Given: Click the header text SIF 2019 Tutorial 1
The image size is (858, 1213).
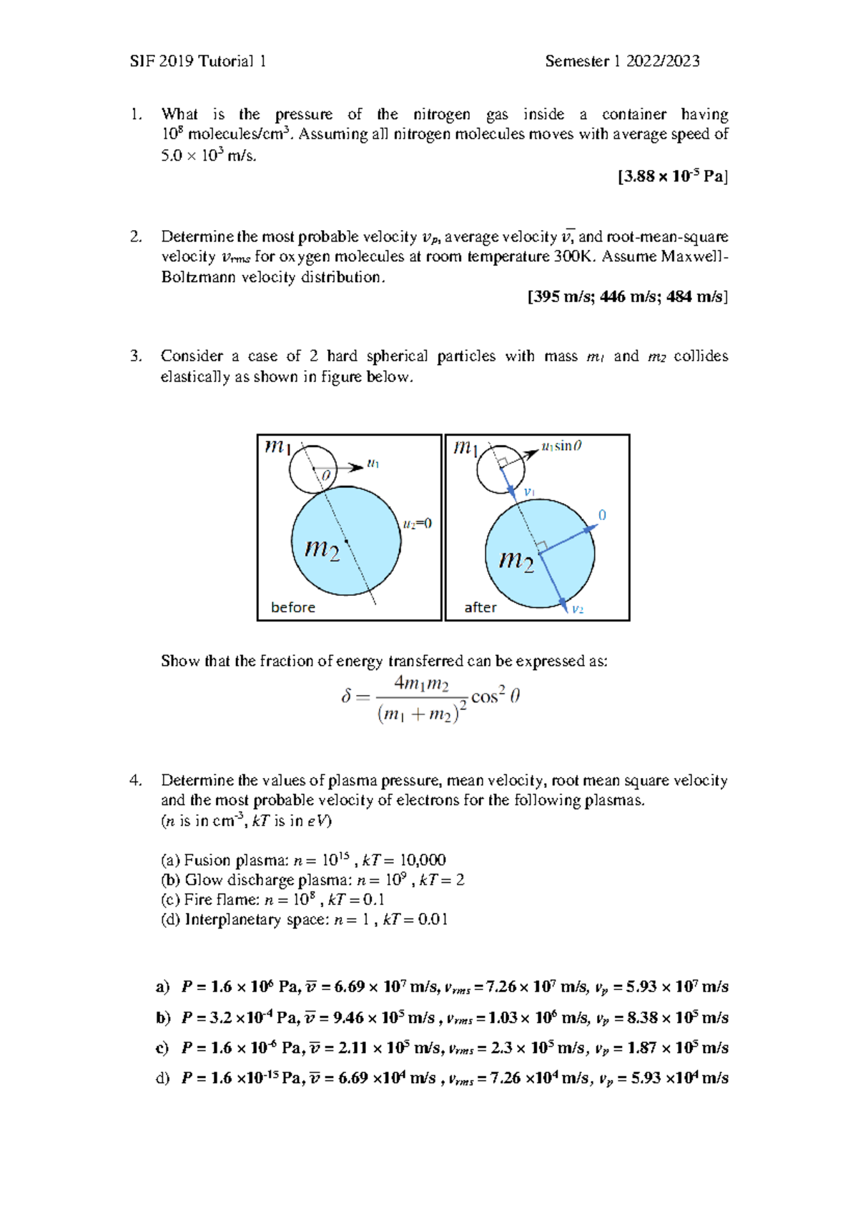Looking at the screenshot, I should pos(198,61).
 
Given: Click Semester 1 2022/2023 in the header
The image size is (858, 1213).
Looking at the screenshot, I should pos(621,61).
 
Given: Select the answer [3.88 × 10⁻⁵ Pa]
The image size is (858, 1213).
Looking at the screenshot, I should pos(672,176).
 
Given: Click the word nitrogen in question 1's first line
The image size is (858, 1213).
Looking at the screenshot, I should pos(441,114).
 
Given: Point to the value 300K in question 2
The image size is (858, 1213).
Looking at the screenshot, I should pos(574,256).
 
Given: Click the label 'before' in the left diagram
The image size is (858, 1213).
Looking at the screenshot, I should pos(292,607).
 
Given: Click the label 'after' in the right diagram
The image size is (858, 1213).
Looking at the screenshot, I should pos(480,607).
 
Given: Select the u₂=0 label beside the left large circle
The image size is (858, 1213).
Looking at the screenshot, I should pos(417,524).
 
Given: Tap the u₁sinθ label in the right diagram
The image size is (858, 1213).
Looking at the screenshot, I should pos(561,446).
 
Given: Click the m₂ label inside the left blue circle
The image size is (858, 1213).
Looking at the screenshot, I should pos(322,549).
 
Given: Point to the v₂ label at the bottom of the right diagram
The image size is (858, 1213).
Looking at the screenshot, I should pos(578,609).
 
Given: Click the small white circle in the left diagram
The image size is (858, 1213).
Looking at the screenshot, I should pos(312,469).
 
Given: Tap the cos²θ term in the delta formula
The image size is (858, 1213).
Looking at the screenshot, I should pos(495,695).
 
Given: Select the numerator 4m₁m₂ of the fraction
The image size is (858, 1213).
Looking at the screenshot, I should pos(421,684).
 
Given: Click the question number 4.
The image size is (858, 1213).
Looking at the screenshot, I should pos(135,781).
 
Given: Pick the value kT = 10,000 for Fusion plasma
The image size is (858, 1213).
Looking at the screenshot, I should pos(404,860).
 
